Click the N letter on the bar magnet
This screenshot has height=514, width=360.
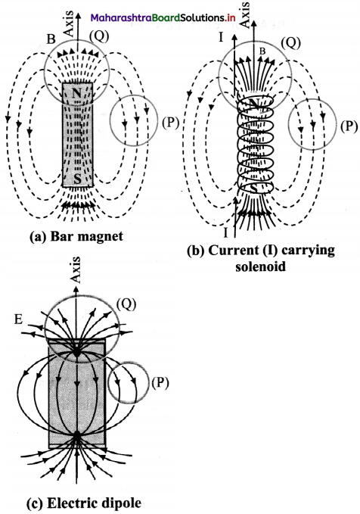click(76, 93)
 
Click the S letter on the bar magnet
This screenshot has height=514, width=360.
click(77, 179)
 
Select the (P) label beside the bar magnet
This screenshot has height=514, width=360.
click(169, 123)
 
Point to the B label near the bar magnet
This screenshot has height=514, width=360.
click(51, 39)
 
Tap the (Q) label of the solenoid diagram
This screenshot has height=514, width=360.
click(291, 42)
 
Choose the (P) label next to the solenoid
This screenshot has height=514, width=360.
click(349, 126)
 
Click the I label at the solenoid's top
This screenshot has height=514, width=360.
click(221, 37)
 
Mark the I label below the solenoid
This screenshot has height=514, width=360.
click(225, 232)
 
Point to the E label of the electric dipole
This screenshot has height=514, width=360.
click(18, 319)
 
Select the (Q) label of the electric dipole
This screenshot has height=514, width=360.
click(126, 304)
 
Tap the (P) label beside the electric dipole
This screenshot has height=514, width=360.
click(160, 382)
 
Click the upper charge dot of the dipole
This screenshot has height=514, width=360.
click(76, 354)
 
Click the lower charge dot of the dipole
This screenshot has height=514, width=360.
click(76, 436)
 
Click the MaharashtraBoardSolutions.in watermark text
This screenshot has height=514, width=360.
click(163, 17)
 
